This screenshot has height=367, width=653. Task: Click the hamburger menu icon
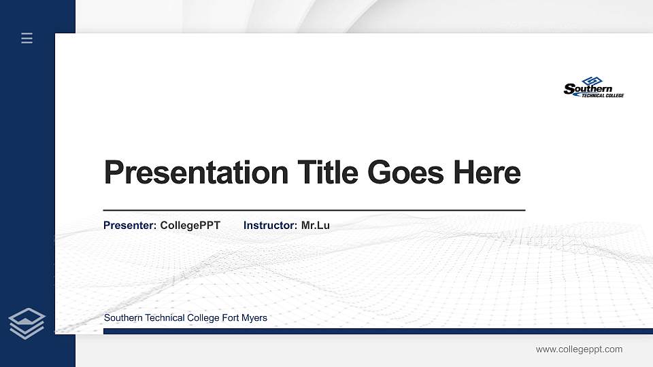[27, 38]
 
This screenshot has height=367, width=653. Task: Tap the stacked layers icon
[27, 323]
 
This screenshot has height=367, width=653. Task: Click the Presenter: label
[130, 225]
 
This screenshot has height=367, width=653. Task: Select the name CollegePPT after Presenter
[190, 225]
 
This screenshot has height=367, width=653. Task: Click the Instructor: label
[270, 225]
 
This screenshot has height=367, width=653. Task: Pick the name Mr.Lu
[316, 225]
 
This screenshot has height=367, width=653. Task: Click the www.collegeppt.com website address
[579, 349]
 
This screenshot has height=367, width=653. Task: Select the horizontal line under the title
[314, 211]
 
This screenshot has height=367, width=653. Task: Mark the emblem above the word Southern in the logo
[590, 80]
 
